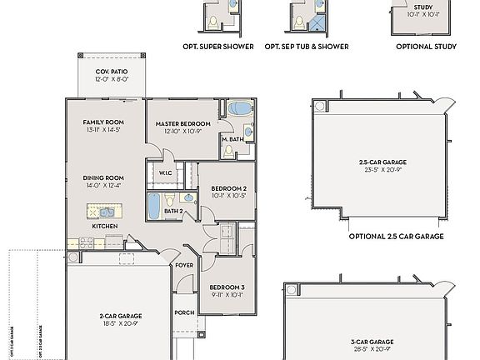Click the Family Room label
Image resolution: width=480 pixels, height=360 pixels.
coord(102,122)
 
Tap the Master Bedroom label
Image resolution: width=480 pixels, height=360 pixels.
coord(183,124)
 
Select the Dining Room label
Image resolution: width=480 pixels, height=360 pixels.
coord(102,177)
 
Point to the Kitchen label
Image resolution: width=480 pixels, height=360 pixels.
coord(104,226)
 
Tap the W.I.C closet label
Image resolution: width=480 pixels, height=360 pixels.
coord(166,173)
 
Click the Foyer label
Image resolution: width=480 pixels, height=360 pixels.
coord(183,265)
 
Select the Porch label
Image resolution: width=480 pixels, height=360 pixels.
coord(184,312)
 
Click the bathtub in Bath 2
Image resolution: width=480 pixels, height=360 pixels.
coord(155,206)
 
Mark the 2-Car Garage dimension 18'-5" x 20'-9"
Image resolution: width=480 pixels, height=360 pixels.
coord(120,324)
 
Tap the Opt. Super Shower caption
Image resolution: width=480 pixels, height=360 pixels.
coord(218,47)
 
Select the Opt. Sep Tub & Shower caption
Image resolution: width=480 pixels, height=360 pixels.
coord(307,47)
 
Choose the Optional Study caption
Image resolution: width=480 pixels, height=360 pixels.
coord(426,47)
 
